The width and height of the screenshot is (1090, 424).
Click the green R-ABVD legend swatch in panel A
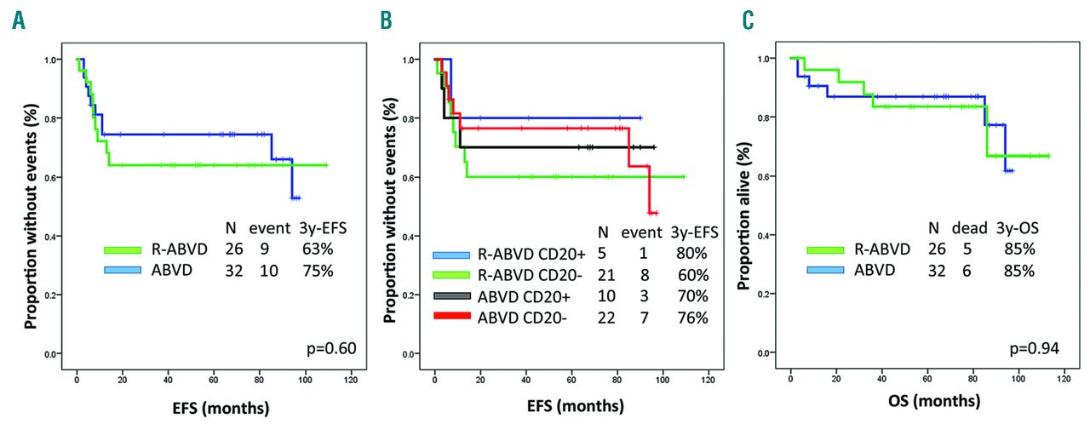[123, 249]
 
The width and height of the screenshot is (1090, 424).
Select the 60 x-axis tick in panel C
[926, 372]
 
